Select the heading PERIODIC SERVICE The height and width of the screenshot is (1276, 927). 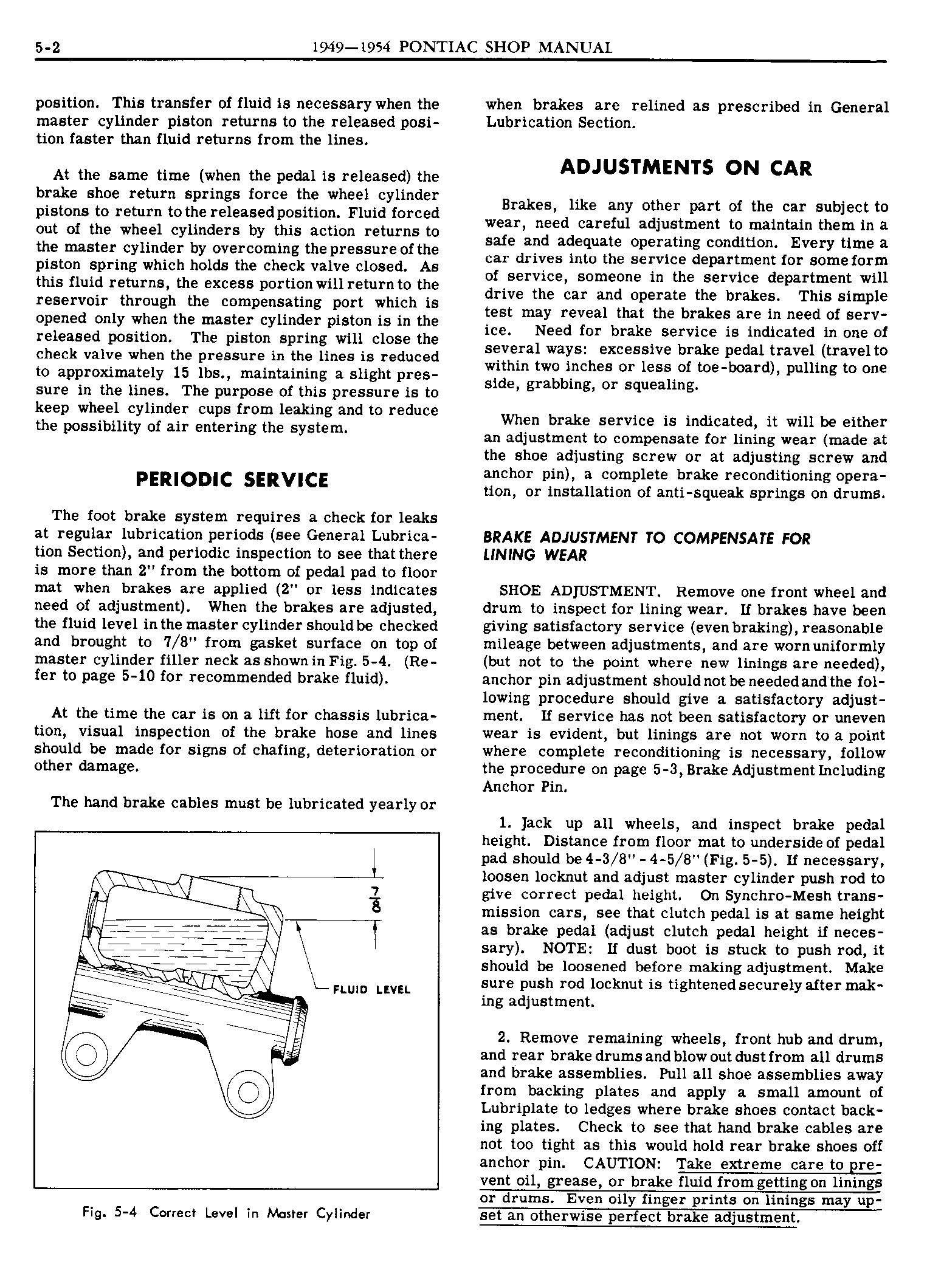point(231,480)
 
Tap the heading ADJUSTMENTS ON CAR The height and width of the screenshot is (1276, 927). point(686,168)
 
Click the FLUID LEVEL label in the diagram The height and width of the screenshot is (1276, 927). point(371,990)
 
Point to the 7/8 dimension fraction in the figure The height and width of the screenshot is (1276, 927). point(375,900)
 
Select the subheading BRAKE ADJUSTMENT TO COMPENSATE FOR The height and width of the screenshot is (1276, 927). point(647,538)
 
